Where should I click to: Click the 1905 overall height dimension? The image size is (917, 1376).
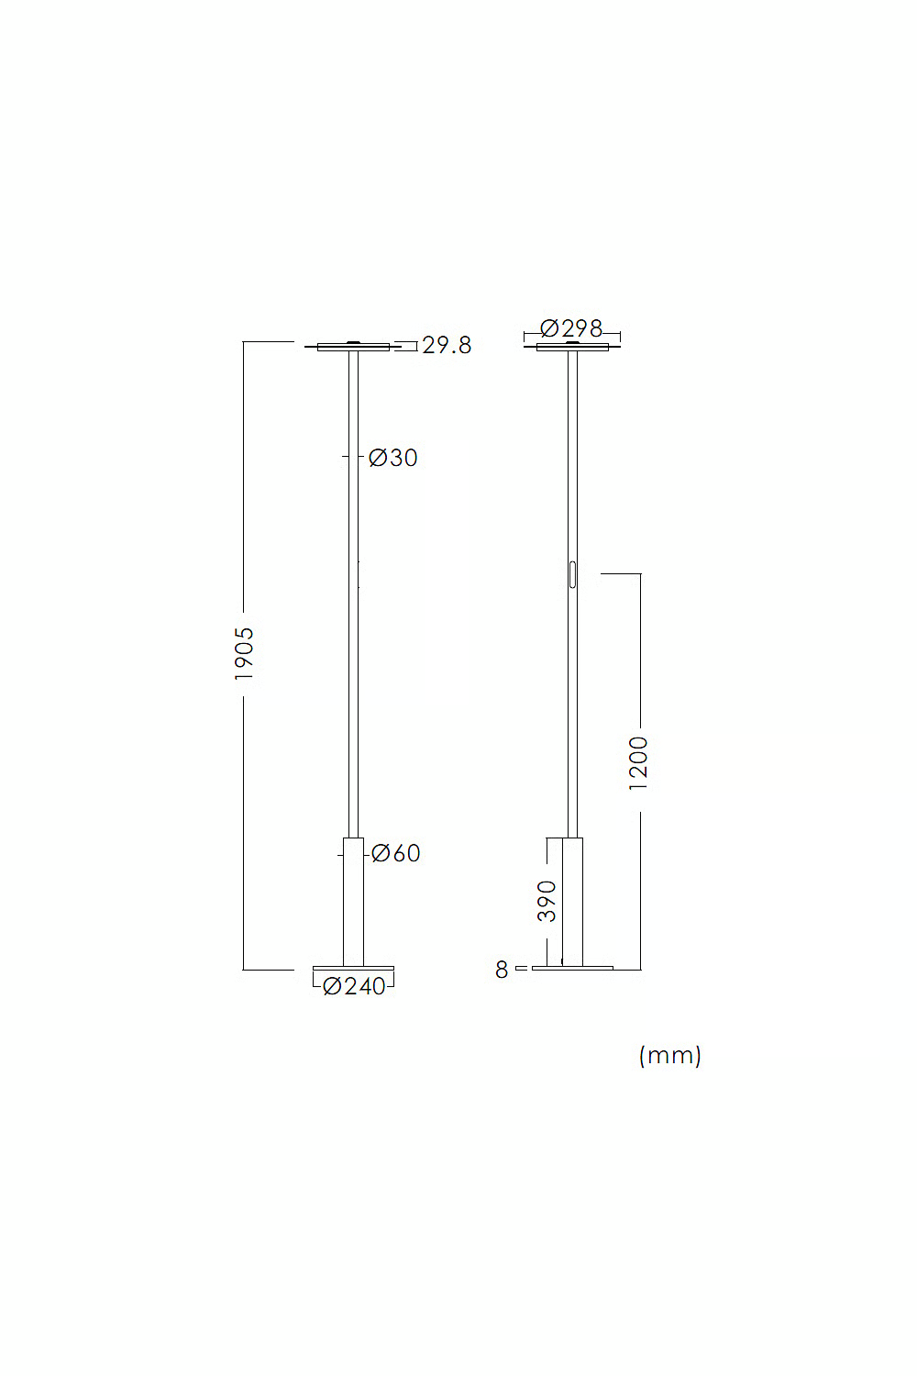tap(244, 653)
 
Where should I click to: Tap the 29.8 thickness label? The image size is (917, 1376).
tap(447, 346)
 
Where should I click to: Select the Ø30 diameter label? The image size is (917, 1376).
tap(393, 458)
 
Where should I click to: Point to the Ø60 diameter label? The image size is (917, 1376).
tap(396, 853)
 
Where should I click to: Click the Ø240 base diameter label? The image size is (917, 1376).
tap(354, 986)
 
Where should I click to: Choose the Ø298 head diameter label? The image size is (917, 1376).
tap(571, 328)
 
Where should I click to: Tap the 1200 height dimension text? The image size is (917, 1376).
tap(639, 763)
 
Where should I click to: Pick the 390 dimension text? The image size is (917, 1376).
tap(547, 901)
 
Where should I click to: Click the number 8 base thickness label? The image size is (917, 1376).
tap(502, 970)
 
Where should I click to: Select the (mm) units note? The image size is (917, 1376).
tap(670, 1055)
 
